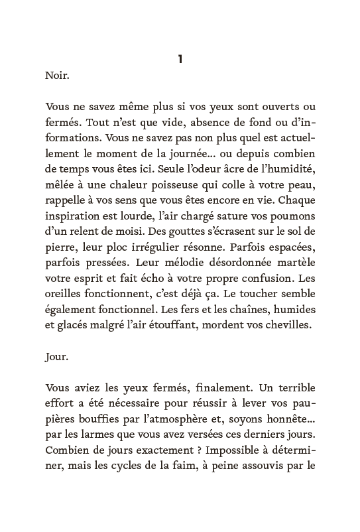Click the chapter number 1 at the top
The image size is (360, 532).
tap(180, 60)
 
